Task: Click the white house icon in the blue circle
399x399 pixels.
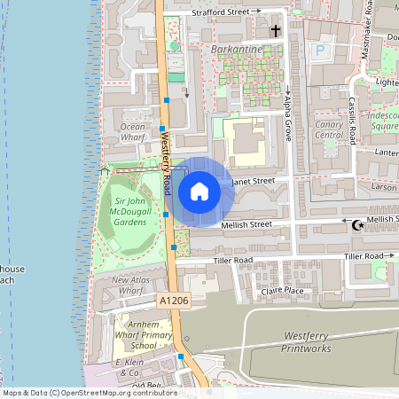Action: click(199, 191)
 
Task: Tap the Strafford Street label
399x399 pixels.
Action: click(220, 12)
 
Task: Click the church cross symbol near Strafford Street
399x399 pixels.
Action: click(275, 31)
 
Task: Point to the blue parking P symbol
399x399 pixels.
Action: click(319, 51)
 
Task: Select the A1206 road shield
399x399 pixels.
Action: click(174, 301)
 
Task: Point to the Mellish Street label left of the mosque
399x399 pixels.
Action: click(246, 225)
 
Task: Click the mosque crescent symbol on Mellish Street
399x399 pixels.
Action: click(358, 225)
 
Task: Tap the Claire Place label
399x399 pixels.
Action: click(282, 291)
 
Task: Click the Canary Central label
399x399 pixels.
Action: click(329, 129)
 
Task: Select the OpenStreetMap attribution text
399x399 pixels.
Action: click(89, 392)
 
